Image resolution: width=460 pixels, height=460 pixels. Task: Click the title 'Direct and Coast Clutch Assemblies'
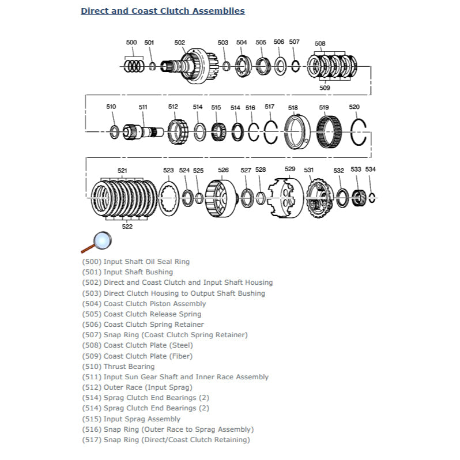click(163, 11)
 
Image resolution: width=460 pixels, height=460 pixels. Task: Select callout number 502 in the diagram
click(180, 43)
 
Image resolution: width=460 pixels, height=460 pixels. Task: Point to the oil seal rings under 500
click(134, 66)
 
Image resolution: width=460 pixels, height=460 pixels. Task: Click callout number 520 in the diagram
click(354, 107)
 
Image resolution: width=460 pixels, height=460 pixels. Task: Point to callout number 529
click(290, 169)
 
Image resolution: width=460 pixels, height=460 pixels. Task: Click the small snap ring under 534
click(372, 198)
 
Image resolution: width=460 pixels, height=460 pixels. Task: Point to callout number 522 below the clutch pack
click(127, 227)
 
